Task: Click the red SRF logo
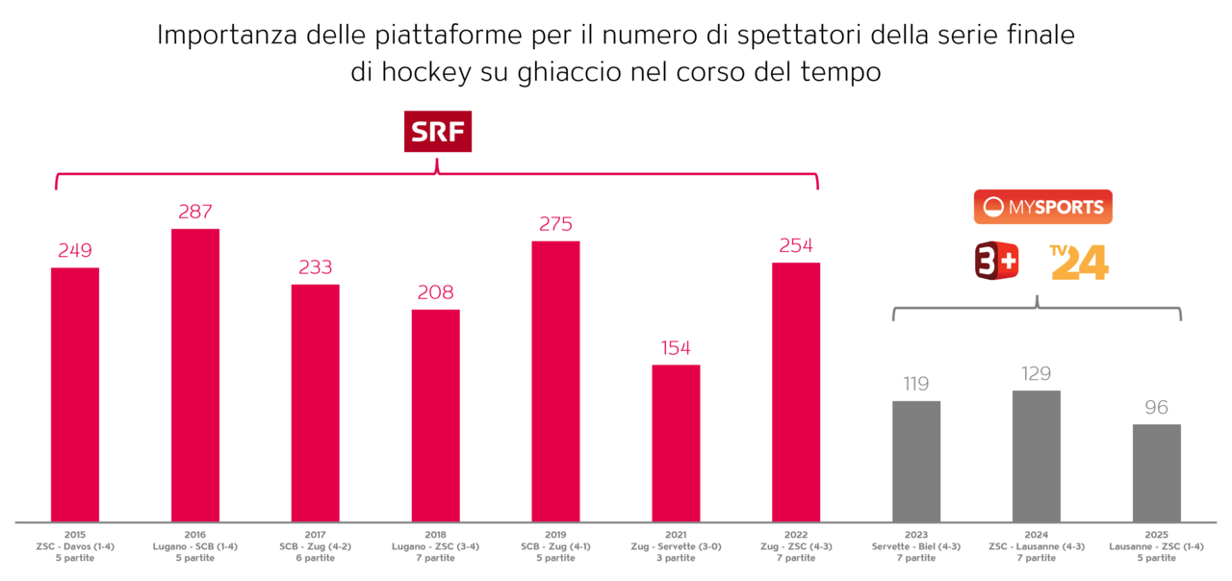click(x=438, y=133)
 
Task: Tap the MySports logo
click(x=1042, y=207)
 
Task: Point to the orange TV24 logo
click(x=1079, y=262)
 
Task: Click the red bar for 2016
click(x=195, y=375)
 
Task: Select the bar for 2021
click(x=676, y=443)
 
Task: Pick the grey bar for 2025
click(x=1156, y=473)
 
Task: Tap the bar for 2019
click(x=555, y=381)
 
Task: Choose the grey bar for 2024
click(x=1037, y=456)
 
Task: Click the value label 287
click(x=195, y=213)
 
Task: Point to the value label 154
click(x=676, y=348)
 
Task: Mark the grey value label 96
click(x=1156, y=408)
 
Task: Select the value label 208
click(x=435, y=292)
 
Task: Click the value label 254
click(x=796, y=246)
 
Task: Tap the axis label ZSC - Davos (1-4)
click(x=75, y=546)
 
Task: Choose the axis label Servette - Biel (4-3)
click(x=916, y=546)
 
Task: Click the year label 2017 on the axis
click(x=316, y=535)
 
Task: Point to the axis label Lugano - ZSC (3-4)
click(x=435, y=546)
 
